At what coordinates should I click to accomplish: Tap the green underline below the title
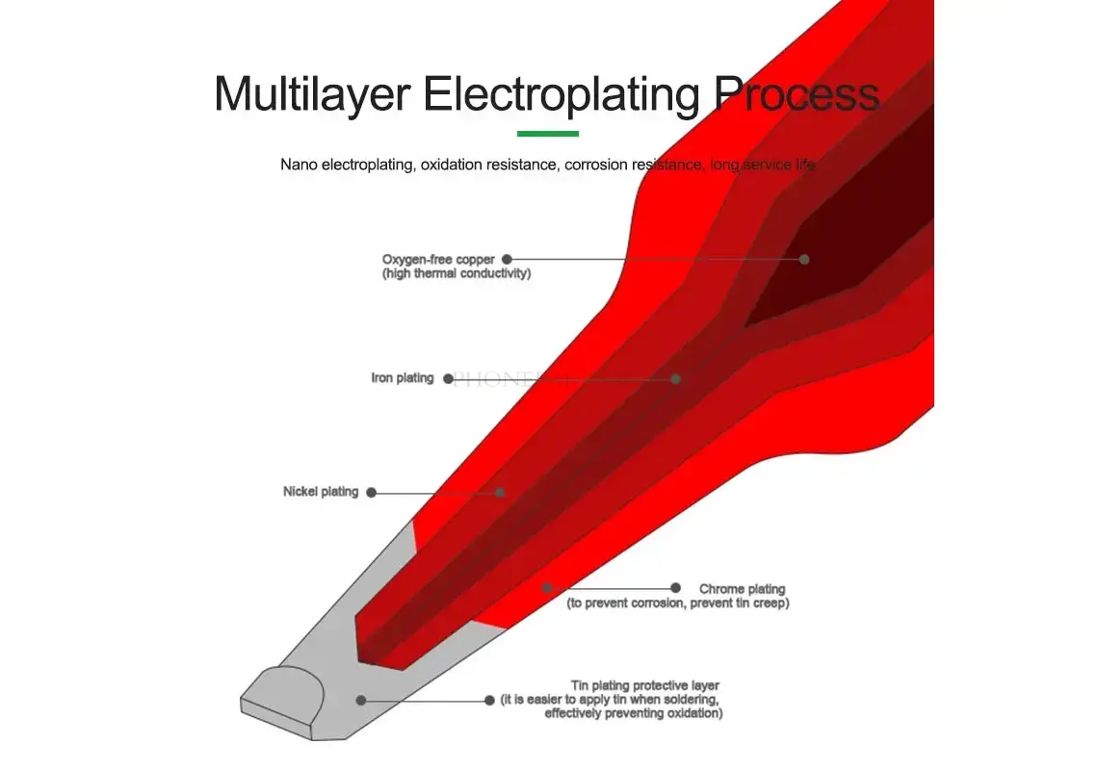(547, 134)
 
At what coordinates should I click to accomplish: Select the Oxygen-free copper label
(438, 259)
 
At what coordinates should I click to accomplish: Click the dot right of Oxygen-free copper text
(507, 259)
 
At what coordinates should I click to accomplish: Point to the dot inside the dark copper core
(804, 259)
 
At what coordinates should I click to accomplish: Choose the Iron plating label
(403, 378)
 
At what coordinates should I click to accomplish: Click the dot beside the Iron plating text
(448, 379)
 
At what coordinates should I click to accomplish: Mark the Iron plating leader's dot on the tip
(676, 379)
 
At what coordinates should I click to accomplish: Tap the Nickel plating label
(321, 492)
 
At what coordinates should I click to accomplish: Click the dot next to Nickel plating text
(372, 493)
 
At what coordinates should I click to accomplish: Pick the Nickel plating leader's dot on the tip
(500, 492)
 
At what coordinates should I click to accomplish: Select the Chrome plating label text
(742, 589)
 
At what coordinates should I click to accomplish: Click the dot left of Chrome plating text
(676, 587)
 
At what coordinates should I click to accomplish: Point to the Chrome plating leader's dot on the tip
(546, 587)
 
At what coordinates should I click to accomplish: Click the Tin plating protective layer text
(645, 685)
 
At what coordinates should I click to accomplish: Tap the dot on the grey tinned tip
(361, 700)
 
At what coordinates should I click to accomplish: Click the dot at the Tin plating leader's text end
(490, 700)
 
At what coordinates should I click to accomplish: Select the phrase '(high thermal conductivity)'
(457, 273)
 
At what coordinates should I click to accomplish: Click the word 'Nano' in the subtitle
(299, 165)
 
